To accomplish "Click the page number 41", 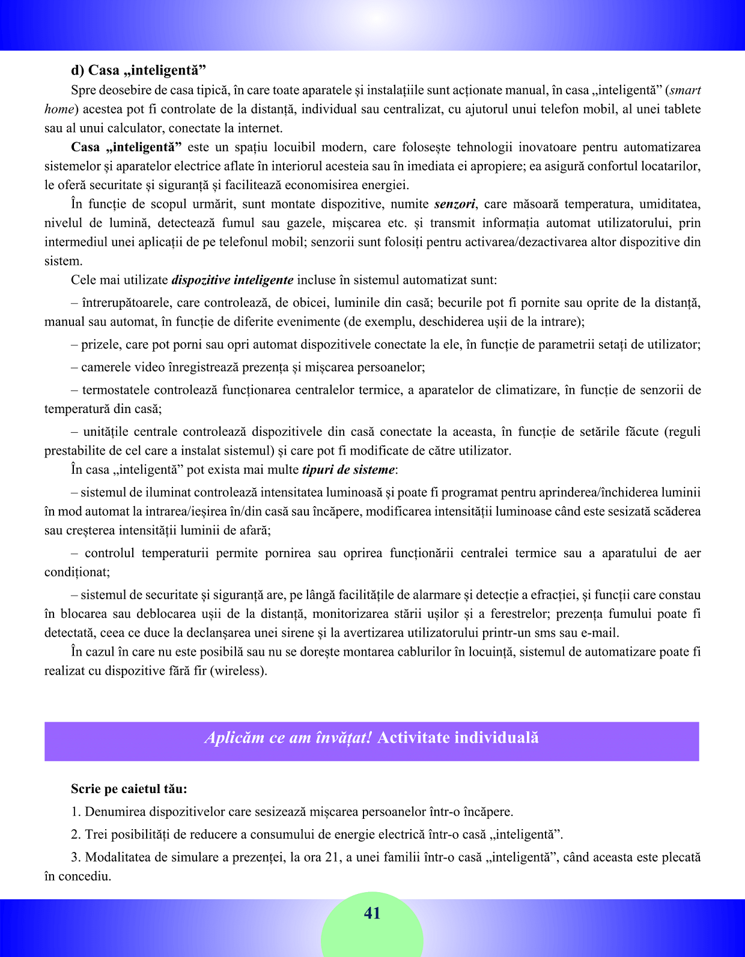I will pyautogui.click(x=372, y=913).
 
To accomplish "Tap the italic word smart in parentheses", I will pyautogui.click(x=685, y=91).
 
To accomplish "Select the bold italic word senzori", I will pyautogui.click(x=454, y=204).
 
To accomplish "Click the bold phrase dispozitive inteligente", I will pyautogui.click(x=233, y=280).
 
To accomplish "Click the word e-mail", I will pyautogui.click(x=600, y=633).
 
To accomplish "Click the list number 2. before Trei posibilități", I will pyautogui.click(x=76, y=835).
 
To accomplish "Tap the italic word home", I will pyautogui.click(x=59, y=109).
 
